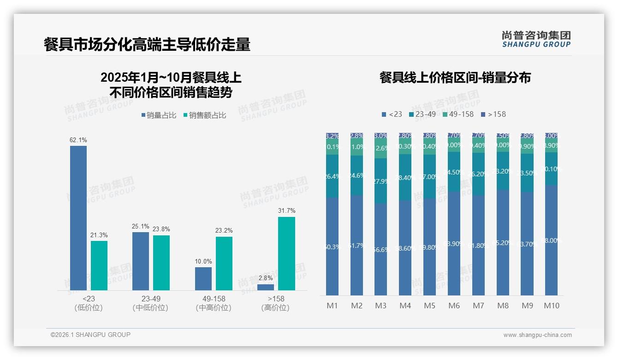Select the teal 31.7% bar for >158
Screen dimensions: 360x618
click(x=286, y=253)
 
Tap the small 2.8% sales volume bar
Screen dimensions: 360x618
click(x=266, y=287)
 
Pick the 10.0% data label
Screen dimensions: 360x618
click(x=203, y=262)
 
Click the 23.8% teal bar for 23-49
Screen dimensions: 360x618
click(x=161, y=263)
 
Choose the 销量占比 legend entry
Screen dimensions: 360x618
click(x=159, y=115)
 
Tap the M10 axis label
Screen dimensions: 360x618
click(x=552, y=306)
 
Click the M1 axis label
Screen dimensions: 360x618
click(x=333, y=306)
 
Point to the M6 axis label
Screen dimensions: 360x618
click(x=454, y=306)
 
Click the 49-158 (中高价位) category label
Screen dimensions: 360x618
click(x=214, y=303)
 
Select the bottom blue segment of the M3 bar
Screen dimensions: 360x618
click(x=381, y=249)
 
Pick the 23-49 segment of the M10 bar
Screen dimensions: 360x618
click(x=552, y=169)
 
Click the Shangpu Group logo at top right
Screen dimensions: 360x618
click(x=536, y=39)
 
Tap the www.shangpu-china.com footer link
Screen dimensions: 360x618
click(x=537, y=335)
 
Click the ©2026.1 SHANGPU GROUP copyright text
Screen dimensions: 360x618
click(x=90, y=335)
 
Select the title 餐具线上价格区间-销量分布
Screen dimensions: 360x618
click(x=455, y=78)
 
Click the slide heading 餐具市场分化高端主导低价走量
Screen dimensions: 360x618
click(x=147, y=45)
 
